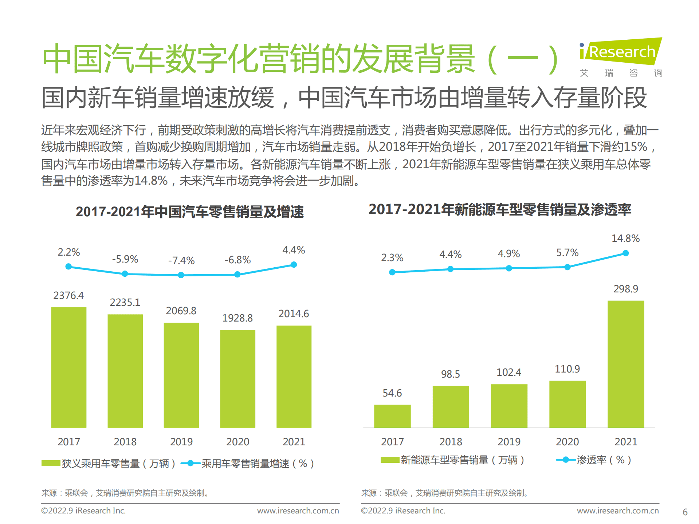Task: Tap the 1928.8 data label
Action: pyautogui.click(x=237, y=318)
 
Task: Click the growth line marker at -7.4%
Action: pyautogui.click(x=181, y=275)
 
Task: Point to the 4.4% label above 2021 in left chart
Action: pyautogui.click(x=294, y=250)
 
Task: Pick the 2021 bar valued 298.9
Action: pyautogui.click(x=625, y=364)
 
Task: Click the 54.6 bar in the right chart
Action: pyautogui.click(x=392, y=416)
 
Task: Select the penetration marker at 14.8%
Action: pyautogui.click(x=625, y=253)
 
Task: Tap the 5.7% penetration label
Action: pyautogui.click(x=567, y=252)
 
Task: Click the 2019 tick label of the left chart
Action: pyautogui.click(x=181, y=442)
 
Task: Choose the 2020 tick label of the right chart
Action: pyautogui.click(x=567, y=442)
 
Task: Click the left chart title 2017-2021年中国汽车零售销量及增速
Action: pyautogui.click(x=189, y=212)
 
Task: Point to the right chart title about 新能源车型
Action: pyautogui.click(x=499, y=209)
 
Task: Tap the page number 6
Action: pyautogui.click(x=685, y=512)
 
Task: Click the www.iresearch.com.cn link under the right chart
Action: pyautogui.click(x=617, y=511)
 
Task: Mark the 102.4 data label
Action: pyautogui.click(x=508, y=372)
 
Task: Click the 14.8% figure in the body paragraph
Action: pyautogui.click(x=151, y=181)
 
